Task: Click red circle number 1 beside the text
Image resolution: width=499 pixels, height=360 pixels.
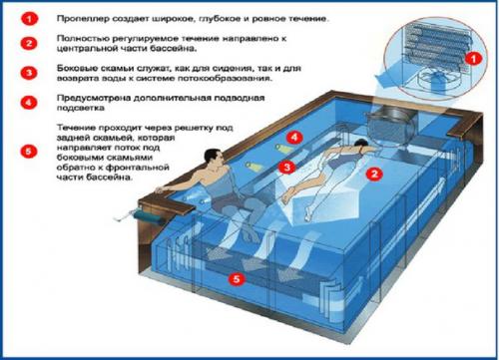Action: coord(29,18)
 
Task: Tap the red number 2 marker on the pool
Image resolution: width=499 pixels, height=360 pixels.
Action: coord(373,173)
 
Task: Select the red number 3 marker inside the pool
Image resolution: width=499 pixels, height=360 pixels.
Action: coord(286,167)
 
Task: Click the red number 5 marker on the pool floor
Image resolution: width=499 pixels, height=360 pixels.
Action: coord(235,280)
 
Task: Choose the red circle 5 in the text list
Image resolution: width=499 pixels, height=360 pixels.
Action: coord(29,152)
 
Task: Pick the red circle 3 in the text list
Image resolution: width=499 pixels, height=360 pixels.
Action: coord(29,73)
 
